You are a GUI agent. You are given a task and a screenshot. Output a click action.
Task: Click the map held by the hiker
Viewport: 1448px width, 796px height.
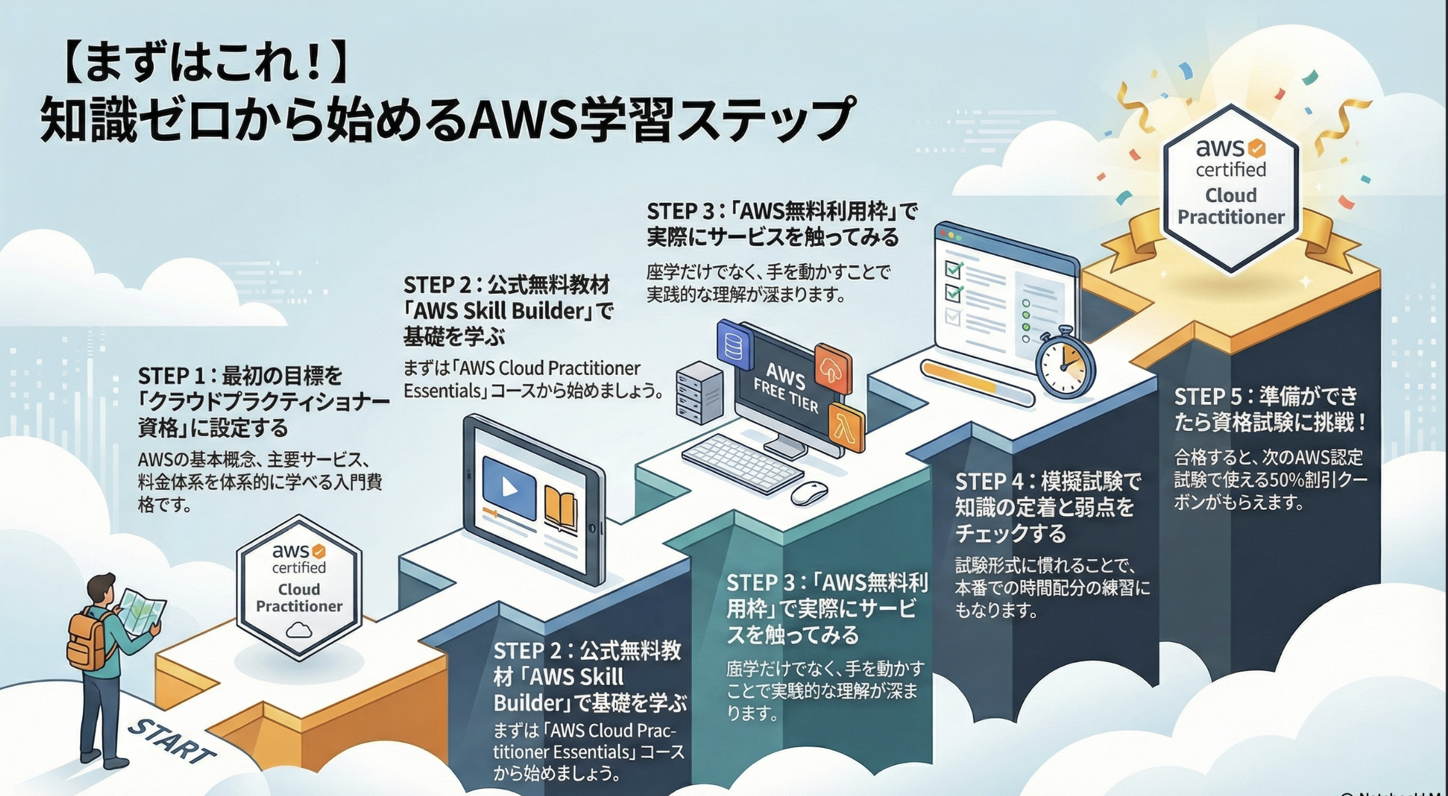[x=141, y=612]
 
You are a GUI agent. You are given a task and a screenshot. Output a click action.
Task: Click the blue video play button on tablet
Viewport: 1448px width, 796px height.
[x=509, y=488]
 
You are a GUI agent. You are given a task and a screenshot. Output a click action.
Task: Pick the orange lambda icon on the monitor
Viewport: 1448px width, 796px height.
[x=846, y=426]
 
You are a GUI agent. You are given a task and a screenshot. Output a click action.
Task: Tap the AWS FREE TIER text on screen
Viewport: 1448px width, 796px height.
[x=786, y=387]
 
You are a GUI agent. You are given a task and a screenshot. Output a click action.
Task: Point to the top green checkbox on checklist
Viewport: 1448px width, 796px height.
[x=953, y=270]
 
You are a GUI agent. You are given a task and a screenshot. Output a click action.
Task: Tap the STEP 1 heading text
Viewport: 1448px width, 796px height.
[x=263, y=401]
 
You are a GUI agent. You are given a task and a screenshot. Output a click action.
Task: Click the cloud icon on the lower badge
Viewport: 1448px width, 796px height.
[x=299, y=630]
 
